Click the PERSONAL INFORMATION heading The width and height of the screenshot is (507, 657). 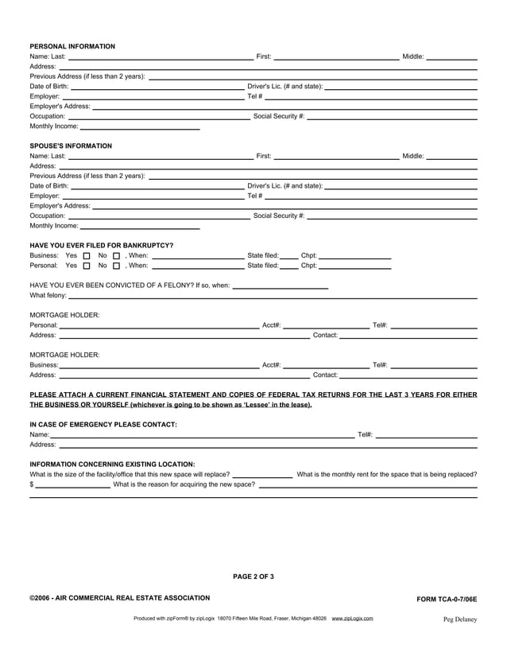pyautogui.click(x=72, y=46)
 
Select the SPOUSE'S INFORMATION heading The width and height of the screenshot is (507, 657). pyautogui.click(x=71, y=146)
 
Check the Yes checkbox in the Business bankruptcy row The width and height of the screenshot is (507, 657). pyautogui.click(x=87, y=255)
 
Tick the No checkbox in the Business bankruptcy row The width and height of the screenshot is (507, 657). pyautogui.click(x=116, y=255)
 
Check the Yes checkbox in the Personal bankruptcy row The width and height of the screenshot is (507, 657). pyautogui.click(x=87, y=266)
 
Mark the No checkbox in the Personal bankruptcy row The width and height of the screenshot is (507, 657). pyautogui.click(x=116, y=266)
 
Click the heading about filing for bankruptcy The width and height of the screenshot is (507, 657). pyautogui.click(x=102, y=245)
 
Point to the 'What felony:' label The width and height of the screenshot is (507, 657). pyautogui.click(x=48, y=295)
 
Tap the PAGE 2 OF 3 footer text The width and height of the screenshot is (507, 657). pyautogui.click(x=253, y=577)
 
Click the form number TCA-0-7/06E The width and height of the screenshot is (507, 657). pyautogui.click(x=447, y=598)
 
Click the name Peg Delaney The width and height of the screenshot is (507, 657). pyautogui.click(x=460, y=619)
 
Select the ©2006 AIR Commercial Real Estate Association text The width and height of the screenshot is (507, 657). pyautogui.click(x=120, y=597)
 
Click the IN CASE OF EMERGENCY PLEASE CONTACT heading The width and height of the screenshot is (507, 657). pyautogui.click(x=103, y=424)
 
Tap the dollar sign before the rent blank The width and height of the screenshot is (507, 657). pyautogui.click(x=32, y=484)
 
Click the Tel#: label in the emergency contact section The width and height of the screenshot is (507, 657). pyautogui.click(x=366, y=434)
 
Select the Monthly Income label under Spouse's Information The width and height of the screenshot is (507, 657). pyautogui.click(x=54, y=226)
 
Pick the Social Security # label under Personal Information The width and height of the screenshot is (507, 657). pyautogui.click(x=278, y=116)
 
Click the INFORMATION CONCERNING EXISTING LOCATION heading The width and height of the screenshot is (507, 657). pyautogui.click(x=112, y=464)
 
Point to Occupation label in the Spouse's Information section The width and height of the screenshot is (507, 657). pyautogui.click(x=48, y=216)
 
